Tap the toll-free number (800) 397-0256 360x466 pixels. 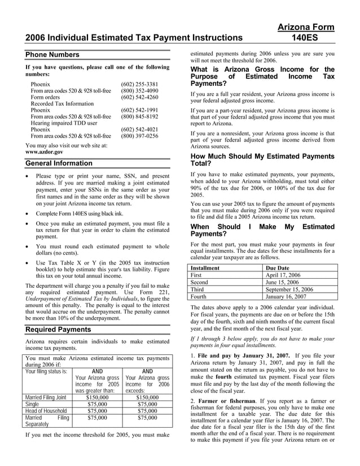pos(139,136)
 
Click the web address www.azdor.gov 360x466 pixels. pos(44,152)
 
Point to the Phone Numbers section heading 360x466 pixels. pos(52,55)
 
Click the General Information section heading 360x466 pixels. pos(59,163)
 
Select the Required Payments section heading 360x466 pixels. pos(58,329)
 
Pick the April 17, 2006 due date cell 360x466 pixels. pos(284,275)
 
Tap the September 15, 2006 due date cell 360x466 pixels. pos(289,289)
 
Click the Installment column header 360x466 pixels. pos(205,267)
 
